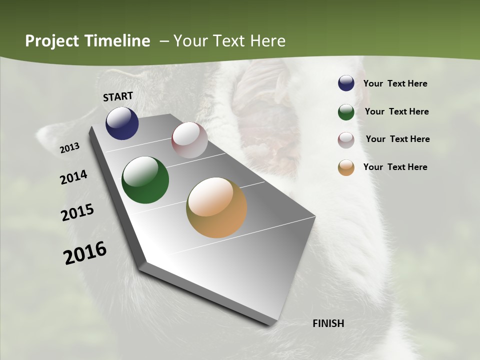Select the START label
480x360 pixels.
point(118,96)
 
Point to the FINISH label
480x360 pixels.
point(328,323)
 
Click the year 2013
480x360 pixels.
point(70,148)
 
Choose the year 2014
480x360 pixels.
point(74,177)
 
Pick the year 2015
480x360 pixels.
point(77,212)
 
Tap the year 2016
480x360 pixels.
point(85,253)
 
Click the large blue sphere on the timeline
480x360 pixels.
point(122,123)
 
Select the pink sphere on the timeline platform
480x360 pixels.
point(189,140)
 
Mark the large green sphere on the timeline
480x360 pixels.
point(145,180)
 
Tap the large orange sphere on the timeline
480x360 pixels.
point(216,207)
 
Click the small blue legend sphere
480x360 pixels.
point(346,83)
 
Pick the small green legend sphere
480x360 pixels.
point(346,112)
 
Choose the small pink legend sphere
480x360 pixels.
point(346,140)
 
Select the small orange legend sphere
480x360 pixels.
point(346,167)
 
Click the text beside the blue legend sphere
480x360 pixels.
point(395,84)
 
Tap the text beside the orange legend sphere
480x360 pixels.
point(395,167)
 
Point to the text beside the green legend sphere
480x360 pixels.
point(396,111)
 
